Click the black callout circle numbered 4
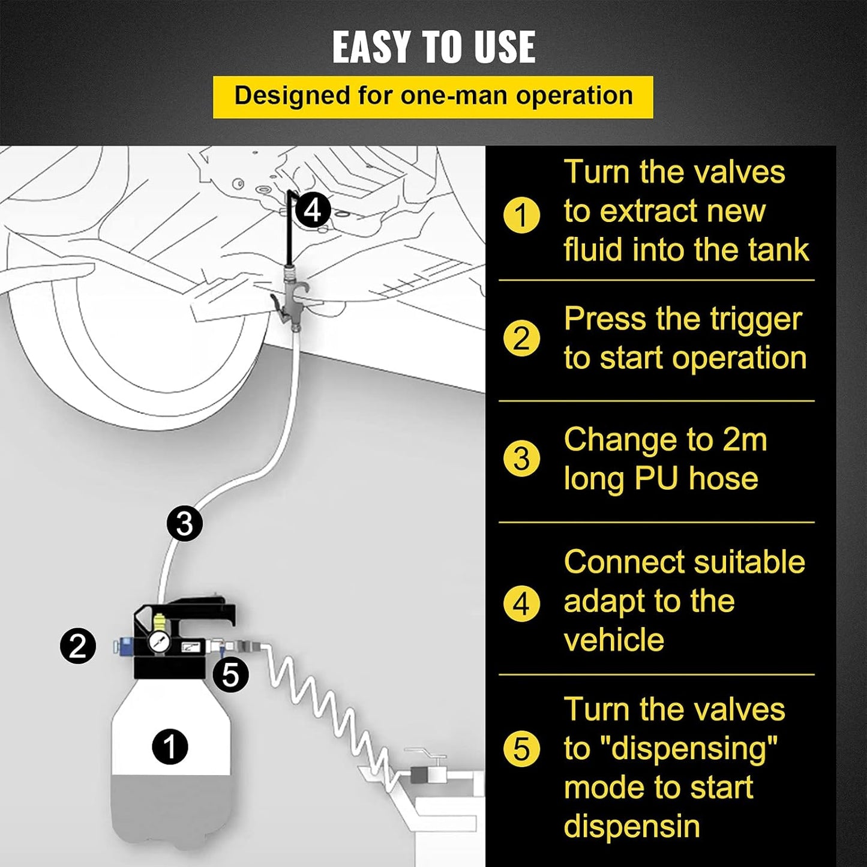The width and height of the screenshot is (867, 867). pos(313,210)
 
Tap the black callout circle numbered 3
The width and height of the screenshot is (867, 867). pos(184,524)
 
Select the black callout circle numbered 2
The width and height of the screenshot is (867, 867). pos(78,647)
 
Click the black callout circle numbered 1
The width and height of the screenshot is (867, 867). pos(170,747)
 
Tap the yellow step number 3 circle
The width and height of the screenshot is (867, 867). pos(521,460)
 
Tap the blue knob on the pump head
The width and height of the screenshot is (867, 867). pos(121,646)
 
